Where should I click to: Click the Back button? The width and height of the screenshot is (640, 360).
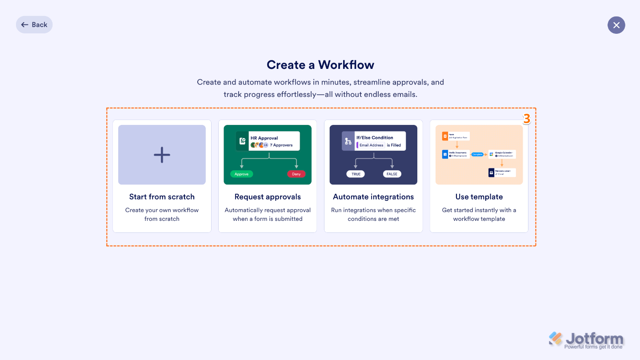(x=34, y=25)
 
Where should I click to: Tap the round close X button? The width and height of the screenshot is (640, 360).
(x=616, y=25)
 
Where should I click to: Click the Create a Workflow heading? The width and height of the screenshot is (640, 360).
(x=320, y=65)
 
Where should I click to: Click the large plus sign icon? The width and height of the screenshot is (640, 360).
(x=162, y=155)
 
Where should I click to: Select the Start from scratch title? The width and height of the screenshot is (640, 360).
(x=162, y=197)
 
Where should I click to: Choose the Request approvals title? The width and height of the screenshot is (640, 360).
(x=268, y=197)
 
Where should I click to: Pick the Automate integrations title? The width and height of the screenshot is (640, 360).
(x=373, y=197)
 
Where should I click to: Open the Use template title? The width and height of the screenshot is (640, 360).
(x=479, y=197)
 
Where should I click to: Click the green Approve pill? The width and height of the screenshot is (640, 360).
(x=241, y=174)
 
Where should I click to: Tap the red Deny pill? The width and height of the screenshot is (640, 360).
(x=296, y=174)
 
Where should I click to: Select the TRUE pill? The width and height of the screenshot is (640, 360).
(x=356, y=174)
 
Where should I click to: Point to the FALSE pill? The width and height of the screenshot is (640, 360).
(x=392, y=174)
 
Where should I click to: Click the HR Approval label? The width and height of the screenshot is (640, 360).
(x=264, y=138)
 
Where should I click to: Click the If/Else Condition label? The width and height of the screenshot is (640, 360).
(x=375, y=138)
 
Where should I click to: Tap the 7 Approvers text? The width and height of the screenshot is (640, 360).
(x=281, y=145)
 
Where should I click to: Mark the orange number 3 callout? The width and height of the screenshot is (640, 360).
(x=527, y=119)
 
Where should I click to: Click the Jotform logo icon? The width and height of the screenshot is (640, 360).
(x=556, y=339)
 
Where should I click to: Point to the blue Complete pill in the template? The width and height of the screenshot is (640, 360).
(x=477, y=154)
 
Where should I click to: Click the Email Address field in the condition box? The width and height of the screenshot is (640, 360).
(x=372, y=145)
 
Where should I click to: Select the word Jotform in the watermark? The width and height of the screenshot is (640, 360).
(x=594, y=339)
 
